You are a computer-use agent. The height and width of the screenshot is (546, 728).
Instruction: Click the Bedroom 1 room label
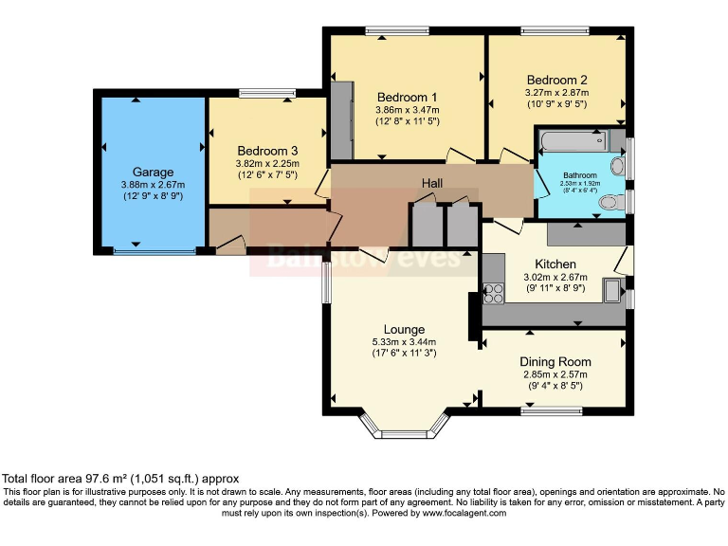(408, 98)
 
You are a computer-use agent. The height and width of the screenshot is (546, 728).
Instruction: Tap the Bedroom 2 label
(556, 80)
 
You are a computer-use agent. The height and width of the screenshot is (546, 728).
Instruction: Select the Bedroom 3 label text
(267, 151)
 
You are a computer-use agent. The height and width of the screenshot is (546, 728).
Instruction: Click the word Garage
(153, 173)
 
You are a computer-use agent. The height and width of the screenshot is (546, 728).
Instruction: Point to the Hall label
(432, 183)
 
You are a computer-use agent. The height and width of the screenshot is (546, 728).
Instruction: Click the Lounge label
(404, 330)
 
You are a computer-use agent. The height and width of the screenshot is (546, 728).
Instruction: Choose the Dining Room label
(555, 362)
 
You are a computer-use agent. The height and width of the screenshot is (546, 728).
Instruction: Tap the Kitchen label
(555, 264)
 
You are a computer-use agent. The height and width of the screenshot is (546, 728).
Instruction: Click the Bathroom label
(580, 175)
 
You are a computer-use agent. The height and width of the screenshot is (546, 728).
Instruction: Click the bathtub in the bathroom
(573, 140)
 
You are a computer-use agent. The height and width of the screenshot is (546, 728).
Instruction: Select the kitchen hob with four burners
(493, 294)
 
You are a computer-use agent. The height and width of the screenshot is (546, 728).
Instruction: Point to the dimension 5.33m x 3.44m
(404, 342)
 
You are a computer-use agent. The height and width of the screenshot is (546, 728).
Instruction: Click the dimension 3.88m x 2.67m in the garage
(153, 185)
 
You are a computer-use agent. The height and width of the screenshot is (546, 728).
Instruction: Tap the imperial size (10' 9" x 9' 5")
(556, 104)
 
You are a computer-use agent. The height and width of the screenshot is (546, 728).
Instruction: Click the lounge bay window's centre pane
(405, 434)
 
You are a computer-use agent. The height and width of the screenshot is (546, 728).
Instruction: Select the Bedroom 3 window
(267, 93)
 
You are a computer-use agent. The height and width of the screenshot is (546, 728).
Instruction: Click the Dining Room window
(551, 410)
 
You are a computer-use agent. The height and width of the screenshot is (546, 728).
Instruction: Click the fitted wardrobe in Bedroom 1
(341, 120)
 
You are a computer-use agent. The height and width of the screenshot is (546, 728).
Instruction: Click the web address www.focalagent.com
(464, 513)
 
